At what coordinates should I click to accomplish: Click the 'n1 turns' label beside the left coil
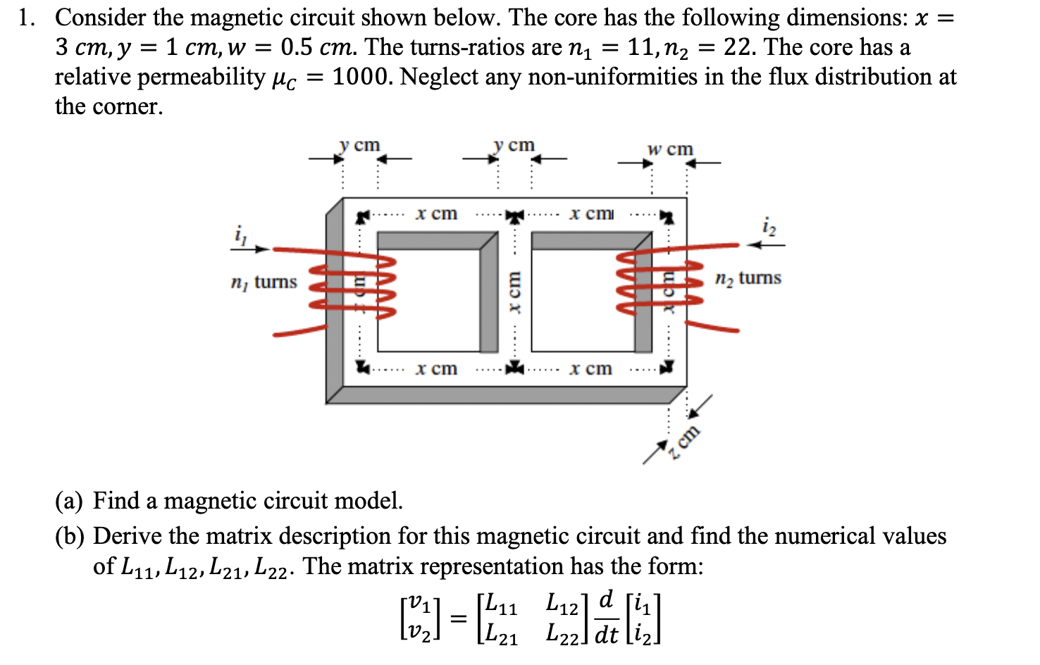264,282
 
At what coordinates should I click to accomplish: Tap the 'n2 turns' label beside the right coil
748,278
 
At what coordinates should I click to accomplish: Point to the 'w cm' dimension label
670,149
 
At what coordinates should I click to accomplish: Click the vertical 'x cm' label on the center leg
514,292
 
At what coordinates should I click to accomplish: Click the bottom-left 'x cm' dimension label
436,368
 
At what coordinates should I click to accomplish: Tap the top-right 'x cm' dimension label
590,213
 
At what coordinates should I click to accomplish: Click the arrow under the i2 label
765,245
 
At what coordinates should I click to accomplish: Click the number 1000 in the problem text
361,77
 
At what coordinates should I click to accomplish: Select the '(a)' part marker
69,501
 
